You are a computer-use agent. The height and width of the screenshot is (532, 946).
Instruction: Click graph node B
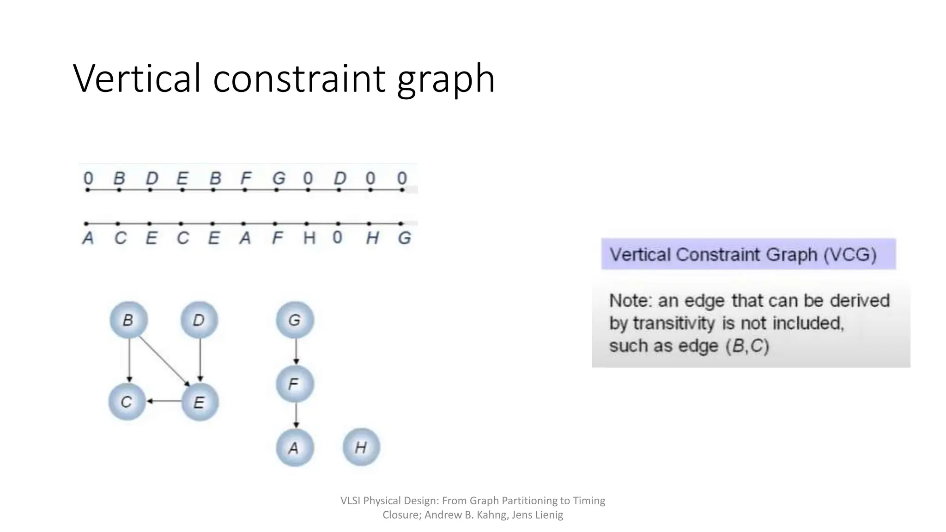[x=128, y=320]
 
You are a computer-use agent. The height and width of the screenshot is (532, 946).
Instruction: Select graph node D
[x=199, y=320]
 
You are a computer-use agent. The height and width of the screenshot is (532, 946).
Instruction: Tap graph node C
[x=127, y=402]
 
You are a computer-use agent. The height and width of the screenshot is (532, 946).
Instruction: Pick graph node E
[x=200, y=402]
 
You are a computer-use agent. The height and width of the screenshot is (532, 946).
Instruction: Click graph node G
[x=295, y=320]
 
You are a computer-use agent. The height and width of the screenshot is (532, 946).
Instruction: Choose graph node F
[x=295, y=384]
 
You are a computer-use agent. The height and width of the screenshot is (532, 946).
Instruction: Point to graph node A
[x=295, y=447]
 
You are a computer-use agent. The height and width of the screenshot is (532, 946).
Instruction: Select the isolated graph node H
[x=361, y=447]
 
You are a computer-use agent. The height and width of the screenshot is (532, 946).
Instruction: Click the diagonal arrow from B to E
[x=164, y=361]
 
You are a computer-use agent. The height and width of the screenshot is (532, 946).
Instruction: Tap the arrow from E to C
[x=164, y=401]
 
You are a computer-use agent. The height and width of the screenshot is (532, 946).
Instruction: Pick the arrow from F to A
[x=296, y=416]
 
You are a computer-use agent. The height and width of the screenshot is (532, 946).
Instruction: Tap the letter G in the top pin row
[x=279, y=178]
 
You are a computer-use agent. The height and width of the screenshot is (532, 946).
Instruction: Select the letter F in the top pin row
[x=246, y=178]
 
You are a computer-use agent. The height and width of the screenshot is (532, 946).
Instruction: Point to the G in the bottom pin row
[x=405, y=238]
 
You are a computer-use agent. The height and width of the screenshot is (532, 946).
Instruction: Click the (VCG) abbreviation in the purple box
[x=850, y=255]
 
